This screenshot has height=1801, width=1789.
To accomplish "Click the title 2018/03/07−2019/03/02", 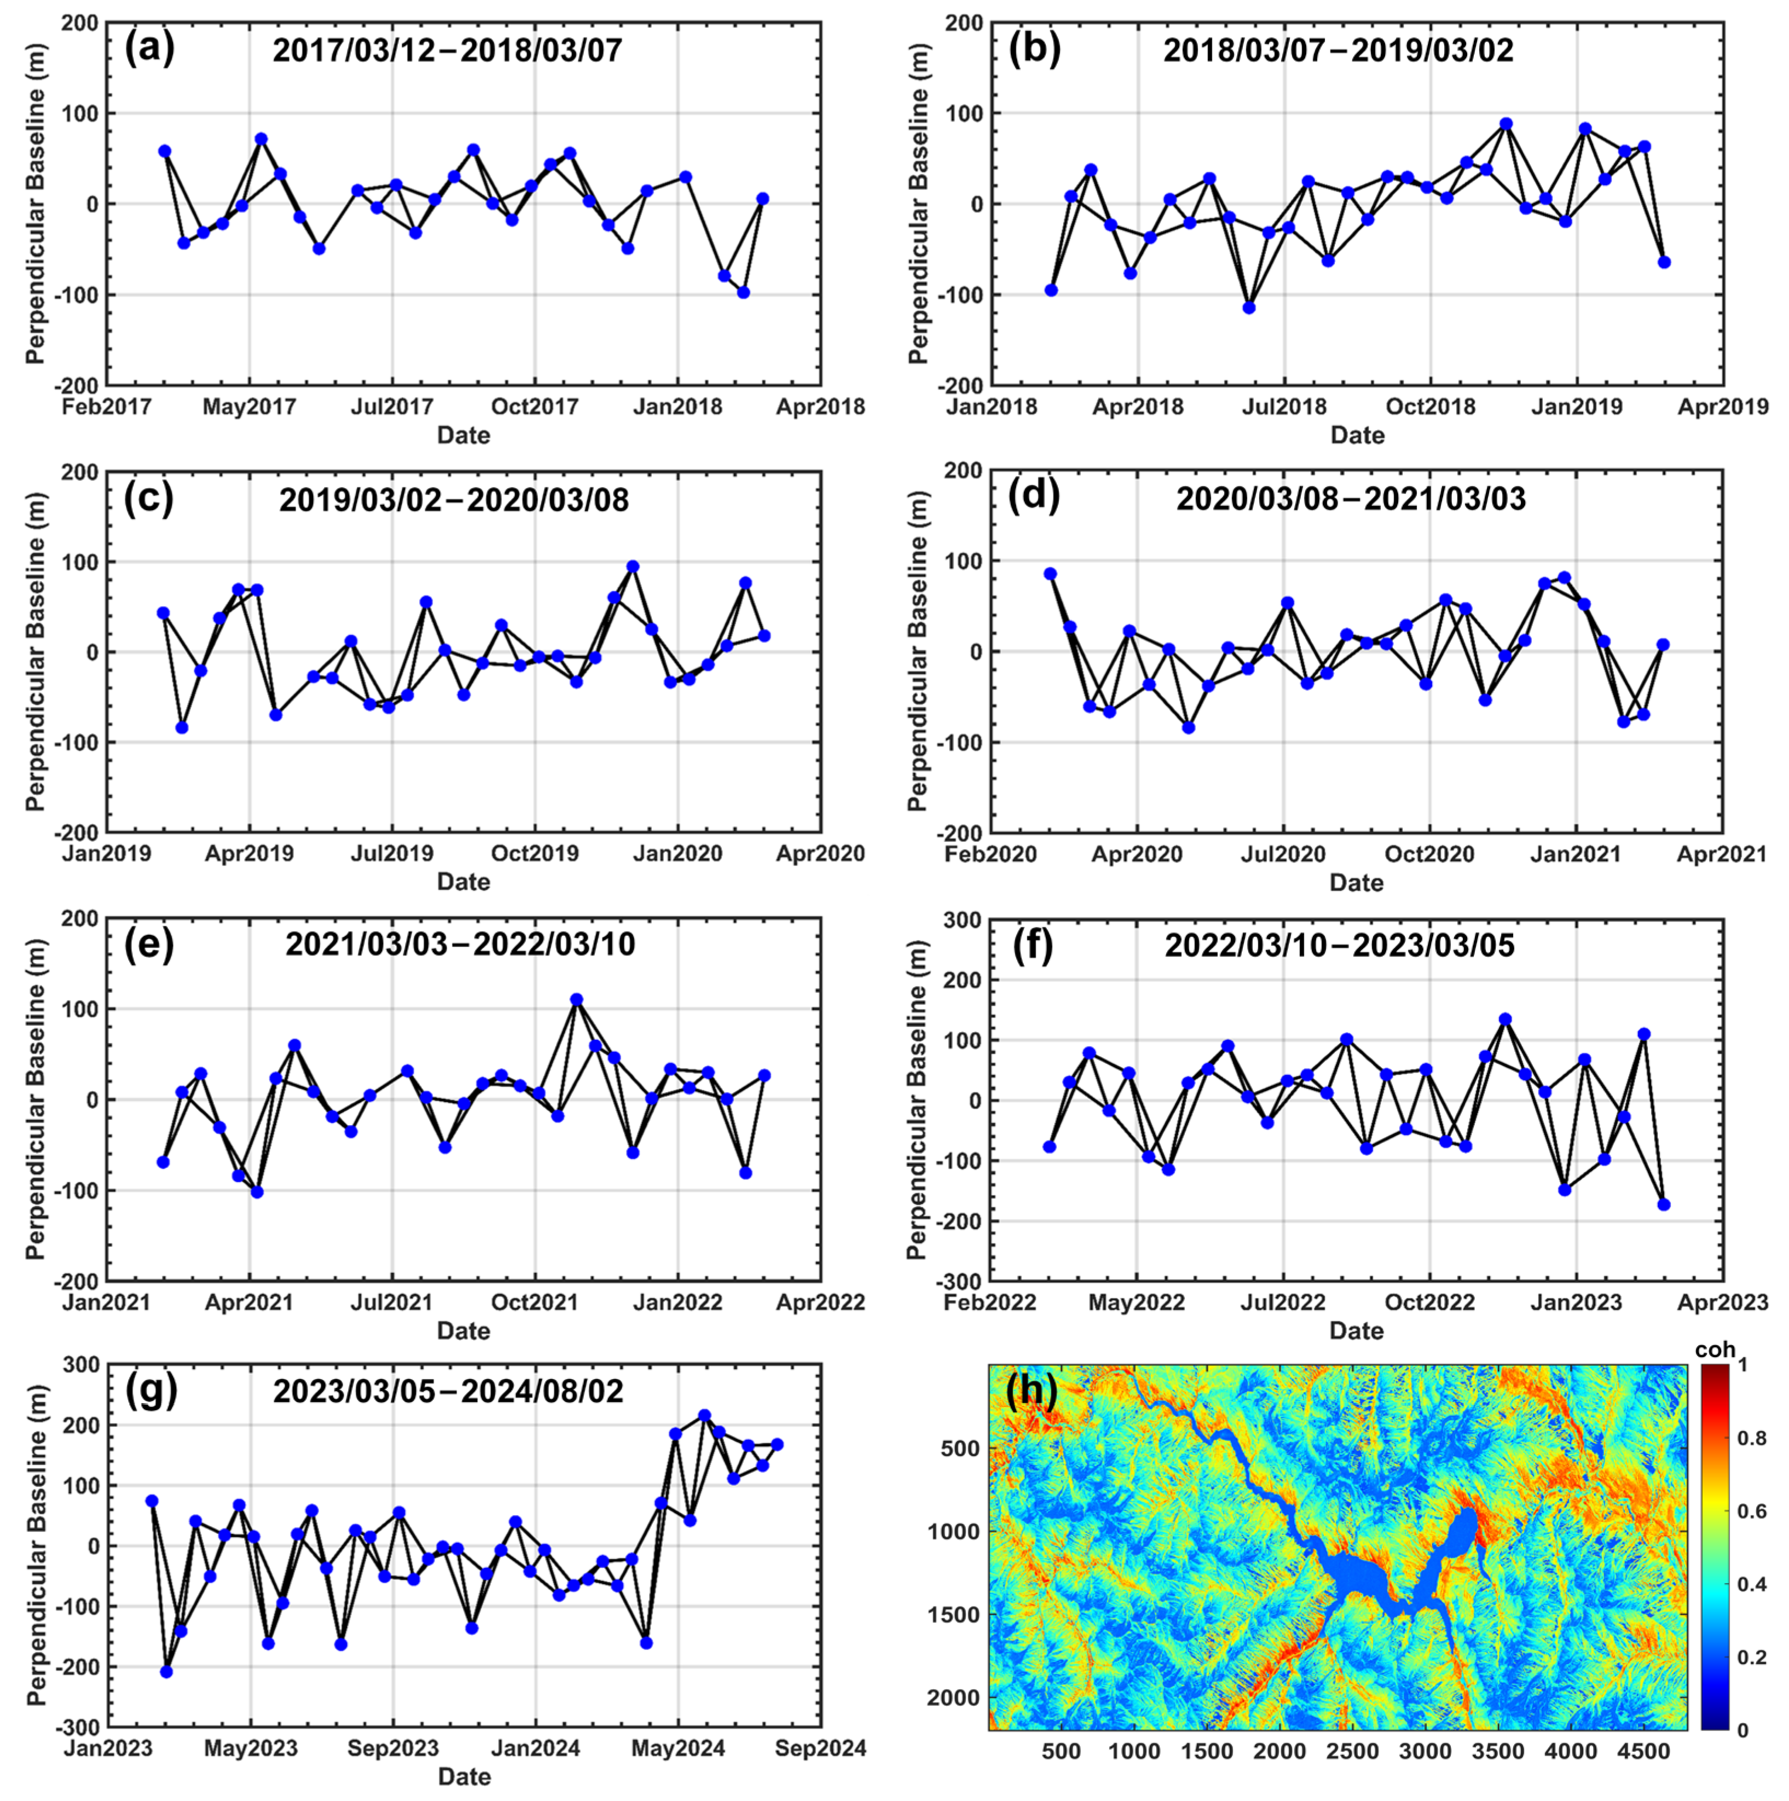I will (1338, 49).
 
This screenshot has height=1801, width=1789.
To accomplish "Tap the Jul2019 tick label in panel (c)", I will (391, 854).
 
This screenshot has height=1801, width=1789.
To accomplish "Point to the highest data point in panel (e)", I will (576, 999).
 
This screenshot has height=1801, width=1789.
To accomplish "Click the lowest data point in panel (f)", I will (1664, 1204).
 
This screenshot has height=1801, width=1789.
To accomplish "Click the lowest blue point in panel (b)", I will (1249, 308).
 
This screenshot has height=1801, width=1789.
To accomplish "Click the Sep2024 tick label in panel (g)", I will (820, 1749).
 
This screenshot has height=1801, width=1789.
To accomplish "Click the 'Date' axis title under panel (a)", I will (464, 435).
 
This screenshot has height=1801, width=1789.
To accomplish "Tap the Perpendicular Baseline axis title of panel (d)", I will (918, 651).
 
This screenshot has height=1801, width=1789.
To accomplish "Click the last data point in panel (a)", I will (762, 199).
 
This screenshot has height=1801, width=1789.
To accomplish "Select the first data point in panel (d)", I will (1051, 574).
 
